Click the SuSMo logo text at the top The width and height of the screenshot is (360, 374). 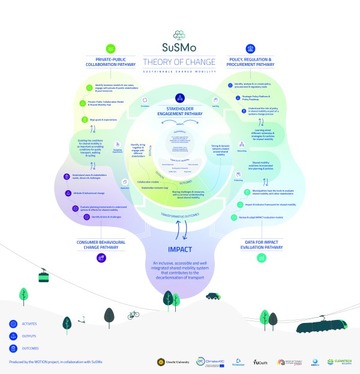point(180,47)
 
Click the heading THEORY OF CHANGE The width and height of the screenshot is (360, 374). point(180,61)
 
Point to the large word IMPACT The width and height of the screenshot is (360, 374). point(180,247)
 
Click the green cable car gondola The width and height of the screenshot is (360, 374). point(44,277)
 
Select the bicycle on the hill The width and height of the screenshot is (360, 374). point(133,315)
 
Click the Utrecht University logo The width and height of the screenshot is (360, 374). point(172,362)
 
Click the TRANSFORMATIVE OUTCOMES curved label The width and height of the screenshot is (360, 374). point(180,214)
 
